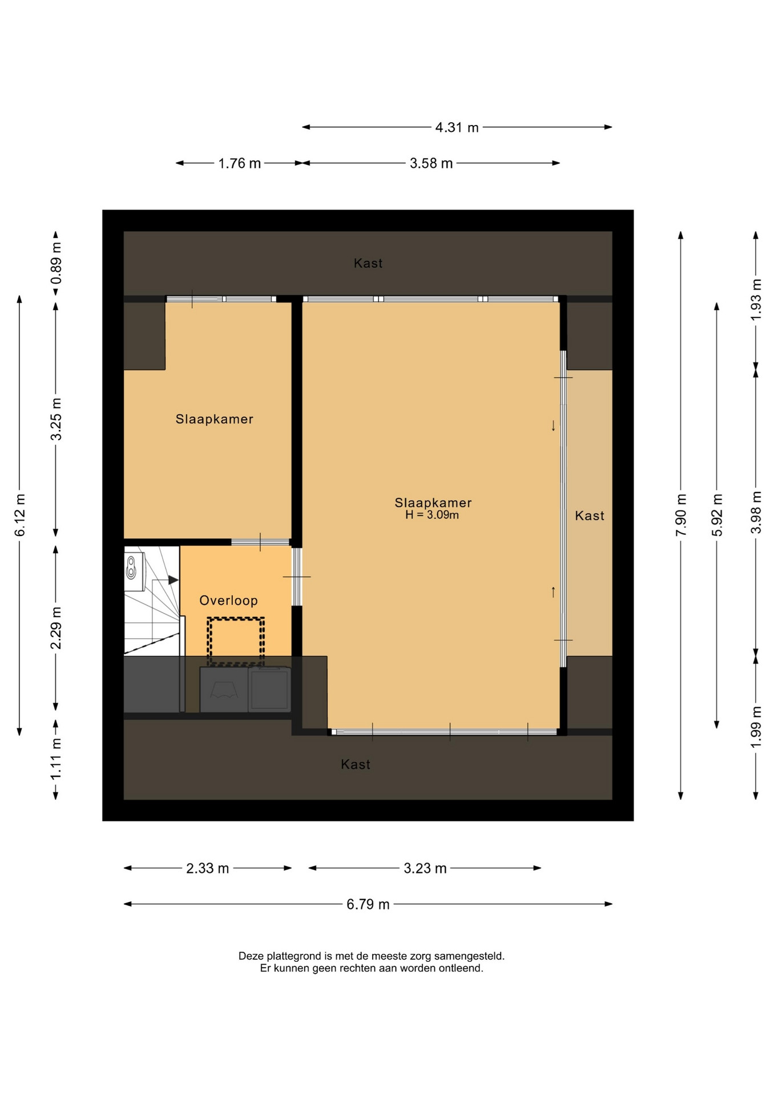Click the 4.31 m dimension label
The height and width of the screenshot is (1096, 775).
pyautogui.click(x=457, y=127)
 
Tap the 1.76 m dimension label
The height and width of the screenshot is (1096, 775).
pyautogui.click(x=239, y=164)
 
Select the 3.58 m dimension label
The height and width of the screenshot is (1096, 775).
pyautogui.click(x=431, y=164)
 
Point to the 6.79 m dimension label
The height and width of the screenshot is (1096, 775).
pyautogui.click(x=368, y=904)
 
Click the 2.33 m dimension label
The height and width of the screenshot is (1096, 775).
pyautogui.click(x=207, y=869)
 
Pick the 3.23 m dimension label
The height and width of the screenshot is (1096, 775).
pyautogui.click(x=425, y=869)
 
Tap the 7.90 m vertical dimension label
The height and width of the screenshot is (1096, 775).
pyautogui.click(x=681, y=515)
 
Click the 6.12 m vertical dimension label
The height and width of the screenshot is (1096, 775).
pyautogui.click(x=20, y=515)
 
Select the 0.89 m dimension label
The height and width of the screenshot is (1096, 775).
pyautogui.click(x=56, y=263)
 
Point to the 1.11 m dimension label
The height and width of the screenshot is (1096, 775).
pyautogui.click(x=56, y=759)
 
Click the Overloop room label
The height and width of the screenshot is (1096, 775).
pyautogui.click(x=228, y=601)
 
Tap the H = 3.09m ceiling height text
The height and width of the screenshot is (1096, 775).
pyautogui.click(x=432, y=515)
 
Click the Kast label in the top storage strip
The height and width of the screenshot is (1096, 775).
pyautogui.click(x=368, y=263)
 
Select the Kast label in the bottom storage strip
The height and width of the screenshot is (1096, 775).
pyautogui.click(x=356, y=764)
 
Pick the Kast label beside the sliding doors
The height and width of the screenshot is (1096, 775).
pyautogui.click(x=590, y=515)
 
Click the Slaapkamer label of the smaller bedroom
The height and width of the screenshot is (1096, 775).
pyautogui.click(x=214, y=419)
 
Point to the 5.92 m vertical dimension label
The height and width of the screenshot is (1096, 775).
pyautogui.click(x=717, y=515)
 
